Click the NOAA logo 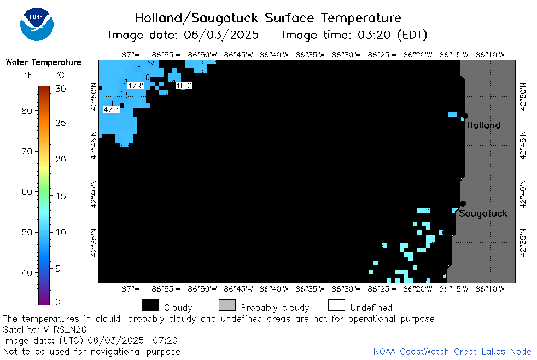37,24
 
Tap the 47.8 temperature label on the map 136,85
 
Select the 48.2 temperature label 184,85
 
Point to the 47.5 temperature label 112,109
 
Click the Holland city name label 483,125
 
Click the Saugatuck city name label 483,214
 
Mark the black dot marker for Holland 465,116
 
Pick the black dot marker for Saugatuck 463,204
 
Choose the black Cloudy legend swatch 151,305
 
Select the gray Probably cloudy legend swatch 227,305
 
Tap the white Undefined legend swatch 336,305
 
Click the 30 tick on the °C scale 61,89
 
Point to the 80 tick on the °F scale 27,111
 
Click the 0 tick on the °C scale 58,302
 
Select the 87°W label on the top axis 131,55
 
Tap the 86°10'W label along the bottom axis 490,289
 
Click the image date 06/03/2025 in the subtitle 221,35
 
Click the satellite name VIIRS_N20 65,330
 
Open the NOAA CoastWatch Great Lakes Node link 452,351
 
